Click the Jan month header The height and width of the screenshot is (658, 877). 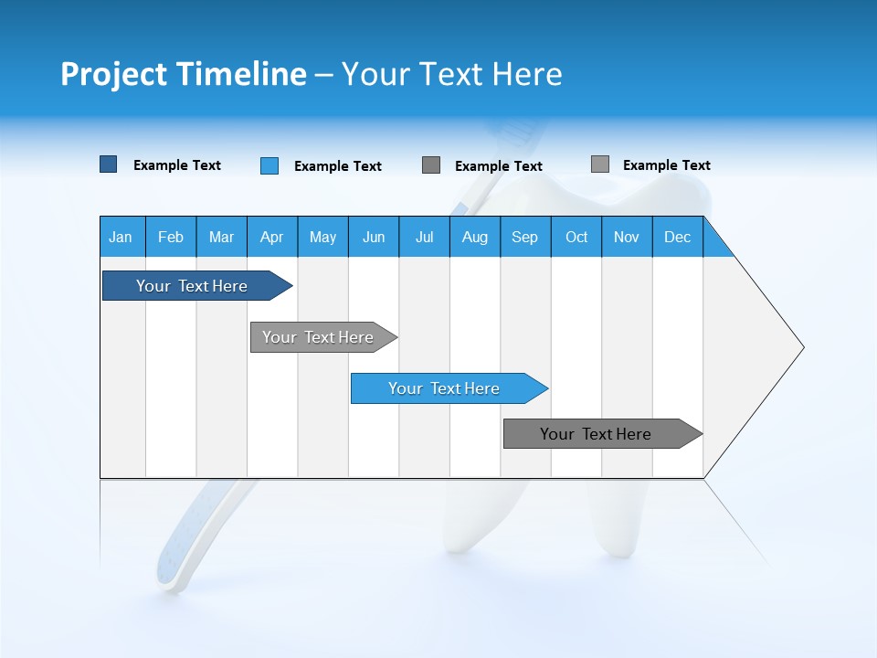coord(122,237)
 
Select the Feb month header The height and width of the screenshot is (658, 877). coord(171,237)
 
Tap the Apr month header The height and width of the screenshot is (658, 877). coord(272,237)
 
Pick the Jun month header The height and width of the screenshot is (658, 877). coord(374,237)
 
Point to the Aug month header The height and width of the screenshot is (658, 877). coord(475,237)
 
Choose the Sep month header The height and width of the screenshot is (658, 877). coord(525,237)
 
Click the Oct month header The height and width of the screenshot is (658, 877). coord(576,237)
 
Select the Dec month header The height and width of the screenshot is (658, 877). coord(678,237)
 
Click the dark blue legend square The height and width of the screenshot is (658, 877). coord(109,164)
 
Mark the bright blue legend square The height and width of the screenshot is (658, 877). coord(269,165)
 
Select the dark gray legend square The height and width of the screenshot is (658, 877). coord(431,164)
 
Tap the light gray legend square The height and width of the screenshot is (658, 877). coord(600,164)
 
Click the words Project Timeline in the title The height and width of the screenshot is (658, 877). coord(184,74)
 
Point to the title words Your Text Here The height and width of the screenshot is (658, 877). coord(451,74)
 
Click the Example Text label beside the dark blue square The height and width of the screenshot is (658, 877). coord(177,165)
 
